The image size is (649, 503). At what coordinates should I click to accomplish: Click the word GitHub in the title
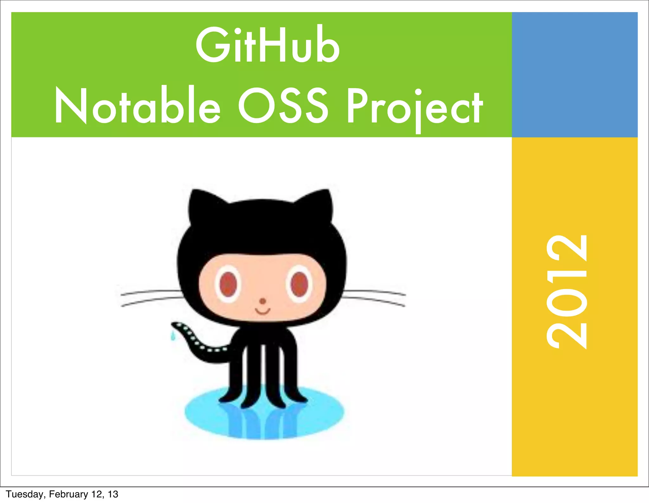coord(268,45)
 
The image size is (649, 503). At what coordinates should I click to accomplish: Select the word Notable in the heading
coord(137,106)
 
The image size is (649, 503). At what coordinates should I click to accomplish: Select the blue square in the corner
coord(575,74)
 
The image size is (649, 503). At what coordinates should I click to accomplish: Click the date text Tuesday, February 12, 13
coord(62,494)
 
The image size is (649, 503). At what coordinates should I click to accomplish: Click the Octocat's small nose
coord(263,301)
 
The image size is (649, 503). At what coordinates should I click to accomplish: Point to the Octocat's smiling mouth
coord(263,311)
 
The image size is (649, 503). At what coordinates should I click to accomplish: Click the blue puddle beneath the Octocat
coord(265,418)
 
